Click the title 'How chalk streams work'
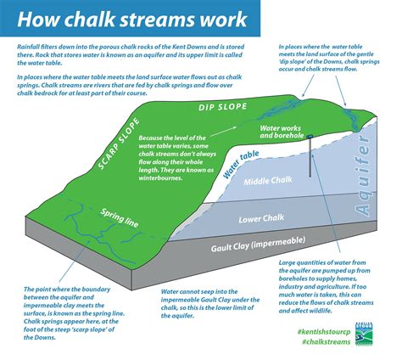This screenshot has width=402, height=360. pyautogui.click(x=127, y=19)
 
